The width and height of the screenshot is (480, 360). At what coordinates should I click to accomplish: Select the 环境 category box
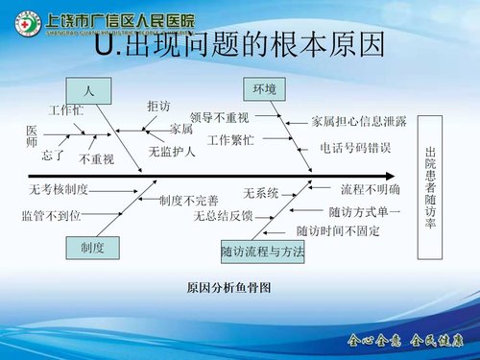coord(264,88)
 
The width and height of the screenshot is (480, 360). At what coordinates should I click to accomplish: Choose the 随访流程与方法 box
coord(262,252)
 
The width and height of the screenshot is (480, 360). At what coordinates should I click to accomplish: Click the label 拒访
coord(158,105)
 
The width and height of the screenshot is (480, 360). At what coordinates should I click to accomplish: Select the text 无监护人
coord(173,151)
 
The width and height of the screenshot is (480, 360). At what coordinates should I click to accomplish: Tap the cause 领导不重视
coord(220,118)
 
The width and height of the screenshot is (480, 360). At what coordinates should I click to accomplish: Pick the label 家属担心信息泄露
coord(359,122)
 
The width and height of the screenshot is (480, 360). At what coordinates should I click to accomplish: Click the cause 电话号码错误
coord(355,148)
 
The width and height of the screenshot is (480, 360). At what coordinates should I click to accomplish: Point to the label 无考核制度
coord(60,189)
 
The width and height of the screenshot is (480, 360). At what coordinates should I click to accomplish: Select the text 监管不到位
coord(51,216)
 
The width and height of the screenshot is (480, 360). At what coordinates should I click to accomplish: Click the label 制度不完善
coord(188,201)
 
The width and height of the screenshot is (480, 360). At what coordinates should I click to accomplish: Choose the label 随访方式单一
coord(365,211)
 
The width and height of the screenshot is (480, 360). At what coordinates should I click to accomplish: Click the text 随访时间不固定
coord(338,231)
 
